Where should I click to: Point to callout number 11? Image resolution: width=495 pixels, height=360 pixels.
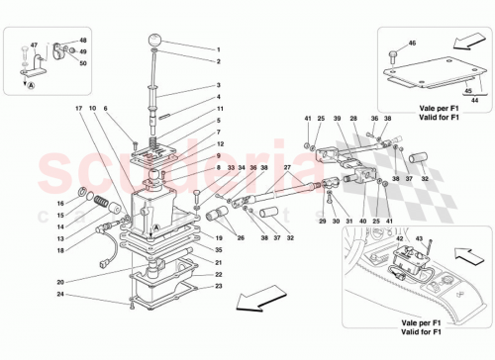point(220,108)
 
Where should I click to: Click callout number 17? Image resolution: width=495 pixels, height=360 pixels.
point(77,107)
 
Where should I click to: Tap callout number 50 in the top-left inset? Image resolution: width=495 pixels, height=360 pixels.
point(83,63)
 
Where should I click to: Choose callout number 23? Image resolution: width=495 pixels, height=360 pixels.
point(220,287)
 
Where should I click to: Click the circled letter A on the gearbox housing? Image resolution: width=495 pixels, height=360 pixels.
point(154,226)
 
